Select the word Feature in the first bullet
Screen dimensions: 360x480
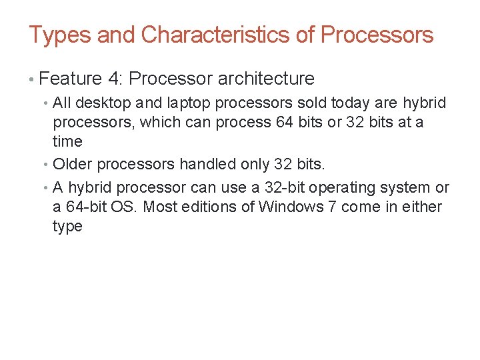pyautogui.click(x=70, y=79)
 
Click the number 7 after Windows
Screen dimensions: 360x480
pyautogui.click(x=332, y=207)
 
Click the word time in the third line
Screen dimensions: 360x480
pyautogui.click(x=67, y=141)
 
